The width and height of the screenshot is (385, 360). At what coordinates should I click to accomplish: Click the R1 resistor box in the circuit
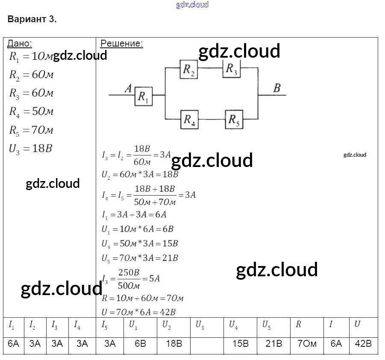point(144,97)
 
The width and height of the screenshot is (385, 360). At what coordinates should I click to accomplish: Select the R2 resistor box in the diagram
point(188,69)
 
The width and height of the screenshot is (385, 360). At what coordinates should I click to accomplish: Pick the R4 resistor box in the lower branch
point(189,119)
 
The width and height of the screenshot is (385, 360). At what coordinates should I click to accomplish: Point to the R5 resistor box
point(234,119)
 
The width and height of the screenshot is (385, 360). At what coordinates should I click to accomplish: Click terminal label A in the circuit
point(128,88)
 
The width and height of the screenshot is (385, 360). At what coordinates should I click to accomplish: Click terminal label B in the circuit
point(277,88)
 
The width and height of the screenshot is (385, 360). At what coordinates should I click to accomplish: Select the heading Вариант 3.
point(32,19)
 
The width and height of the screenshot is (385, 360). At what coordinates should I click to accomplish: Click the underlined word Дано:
point(20,43)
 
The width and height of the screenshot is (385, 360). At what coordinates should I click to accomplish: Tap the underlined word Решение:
point(122,43)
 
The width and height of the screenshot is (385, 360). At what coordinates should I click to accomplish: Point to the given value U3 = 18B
point(30,149)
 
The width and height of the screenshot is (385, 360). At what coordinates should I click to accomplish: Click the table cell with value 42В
point(363,344)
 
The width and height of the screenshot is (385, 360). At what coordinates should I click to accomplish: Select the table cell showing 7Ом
point(307,344)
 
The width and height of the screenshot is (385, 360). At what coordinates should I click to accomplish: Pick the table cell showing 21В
point(273,344)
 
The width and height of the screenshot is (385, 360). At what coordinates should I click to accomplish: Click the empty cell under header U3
point(207,344)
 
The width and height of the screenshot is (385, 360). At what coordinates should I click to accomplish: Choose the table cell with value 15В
point(240,344)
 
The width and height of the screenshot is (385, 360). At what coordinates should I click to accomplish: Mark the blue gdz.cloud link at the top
point(192,5)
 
